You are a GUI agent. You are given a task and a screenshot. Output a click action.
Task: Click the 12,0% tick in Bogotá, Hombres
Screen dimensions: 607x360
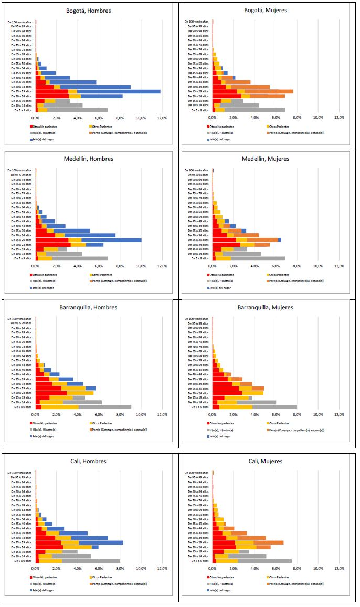tap(162, 118)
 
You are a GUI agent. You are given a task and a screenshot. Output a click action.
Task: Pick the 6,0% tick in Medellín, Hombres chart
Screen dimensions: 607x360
tap(99, 266)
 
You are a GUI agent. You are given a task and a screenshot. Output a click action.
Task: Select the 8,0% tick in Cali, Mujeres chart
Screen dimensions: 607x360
tap(297, 568)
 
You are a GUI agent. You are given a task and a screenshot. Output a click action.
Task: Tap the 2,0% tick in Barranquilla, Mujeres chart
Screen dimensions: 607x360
tap(234, 414)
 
